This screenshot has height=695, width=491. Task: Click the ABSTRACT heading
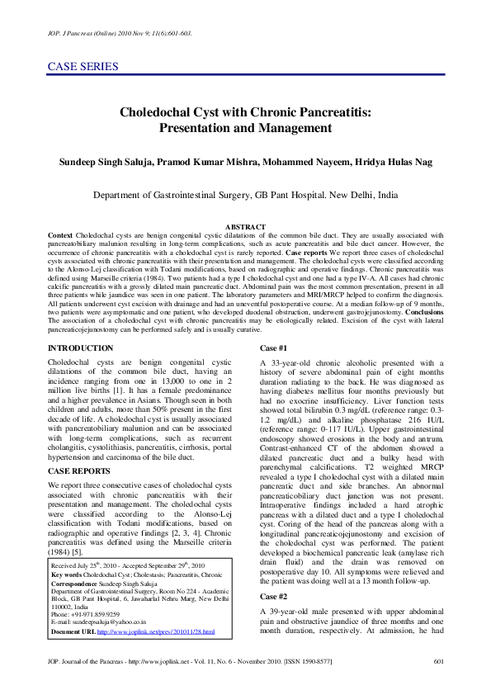pyautogui.click(x=245, y=227)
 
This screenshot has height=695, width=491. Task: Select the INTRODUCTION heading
pyautogui.click(x=81, y=348)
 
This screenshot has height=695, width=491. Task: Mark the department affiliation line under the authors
pyautogui.click(x=245, y=196)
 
